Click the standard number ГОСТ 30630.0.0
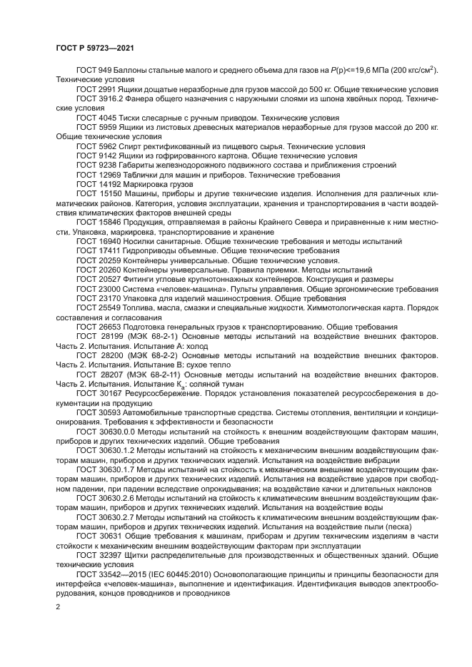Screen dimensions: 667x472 click(99, 431)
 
